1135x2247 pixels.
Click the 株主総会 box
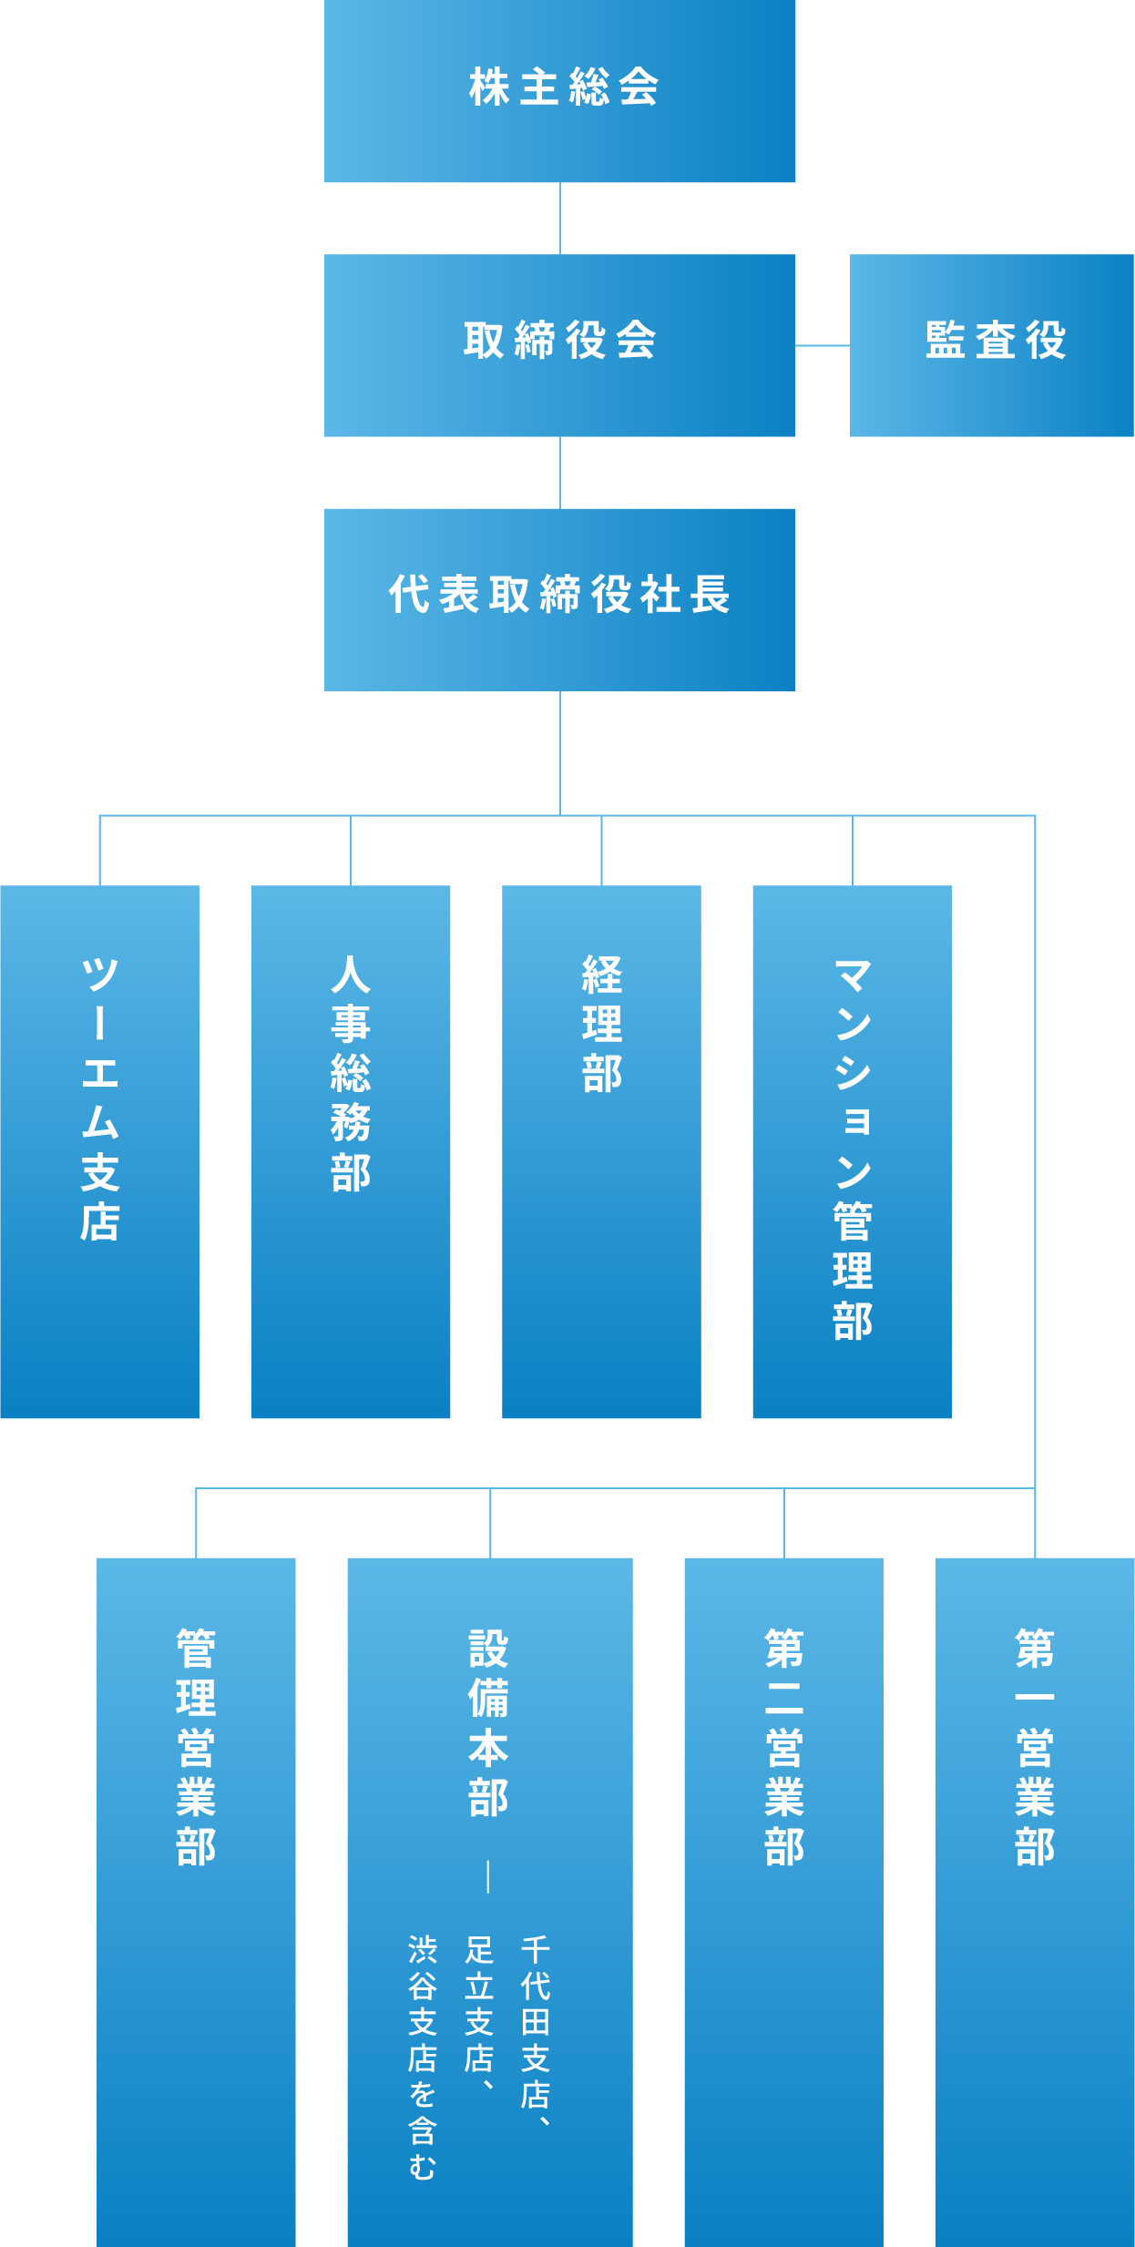pyautogui.click(x=560, y=91)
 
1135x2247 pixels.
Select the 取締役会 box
pyautogui.click(x=560, y=344)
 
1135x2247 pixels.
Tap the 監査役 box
pyautogui.click(x=992, y=344)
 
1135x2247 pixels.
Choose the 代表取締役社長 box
pyautogui.click(x=560, y=598)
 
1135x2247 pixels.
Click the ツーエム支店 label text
pyautogui.click(x=100, y=1098)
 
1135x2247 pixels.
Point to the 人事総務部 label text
pyautogui.click(x=351, y=1074)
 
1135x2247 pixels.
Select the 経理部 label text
pyautogui.click(x=602, y=1024)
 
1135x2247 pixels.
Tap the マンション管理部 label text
pyautogui.click(x=853, y=1149)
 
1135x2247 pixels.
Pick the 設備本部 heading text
pyautogui.click(x=489, y=1722)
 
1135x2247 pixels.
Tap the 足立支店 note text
pyautogui.click(x=480, y=2014)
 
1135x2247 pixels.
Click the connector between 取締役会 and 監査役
pyautogui.click(x=823, y=345)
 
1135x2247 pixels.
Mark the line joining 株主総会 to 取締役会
pyautogui.click(x=560, y=219)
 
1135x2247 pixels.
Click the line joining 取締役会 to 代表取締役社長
pyautogui.click(x=560, y=473)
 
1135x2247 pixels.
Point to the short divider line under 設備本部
pyautogui.click(x=489, y=1876)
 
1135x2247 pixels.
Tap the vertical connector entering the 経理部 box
pyautogui.click(x=602, y=851)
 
